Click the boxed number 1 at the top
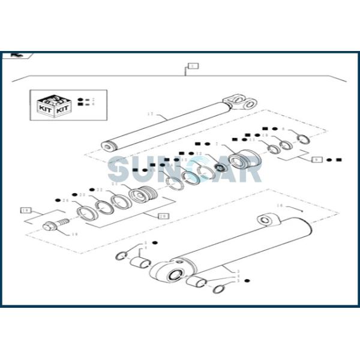pos(192,65)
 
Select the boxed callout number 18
pos(25,211)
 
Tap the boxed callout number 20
pos(163,215)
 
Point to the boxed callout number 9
pos(316,160)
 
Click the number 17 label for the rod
pos(151,113)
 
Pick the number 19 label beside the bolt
pos(75,235)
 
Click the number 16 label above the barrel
pos(279,206)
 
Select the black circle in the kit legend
pos(80,98)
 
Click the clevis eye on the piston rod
pos(238,101)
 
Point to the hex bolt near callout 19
pos(50,227)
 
